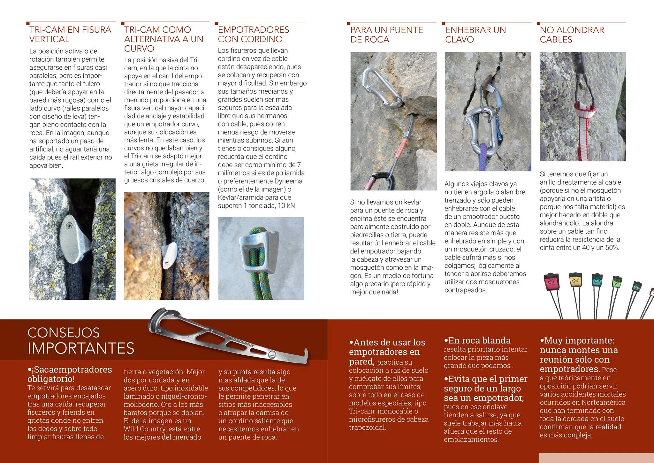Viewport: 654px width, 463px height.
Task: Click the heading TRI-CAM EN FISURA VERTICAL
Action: click(x=70, y=35)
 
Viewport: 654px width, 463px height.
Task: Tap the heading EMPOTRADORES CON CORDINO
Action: click(x=253, y=35)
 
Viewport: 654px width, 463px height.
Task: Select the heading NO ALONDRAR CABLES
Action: click(x=572, y=35)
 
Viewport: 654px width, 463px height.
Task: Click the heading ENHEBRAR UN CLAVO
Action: click(x=475, y=35)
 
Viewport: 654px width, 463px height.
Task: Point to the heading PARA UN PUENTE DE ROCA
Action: click(x=386, y=35)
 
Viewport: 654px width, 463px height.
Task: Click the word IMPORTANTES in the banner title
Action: click(x=81, y=348)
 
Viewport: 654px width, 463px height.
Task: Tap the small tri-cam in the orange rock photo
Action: click(x=169, y=255)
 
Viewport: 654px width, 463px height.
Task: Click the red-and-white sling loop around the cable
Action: click(x=585, y=110)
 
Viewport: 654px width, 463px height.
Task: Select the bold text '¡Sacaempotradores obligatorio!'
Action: click(x=70, y=374)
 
